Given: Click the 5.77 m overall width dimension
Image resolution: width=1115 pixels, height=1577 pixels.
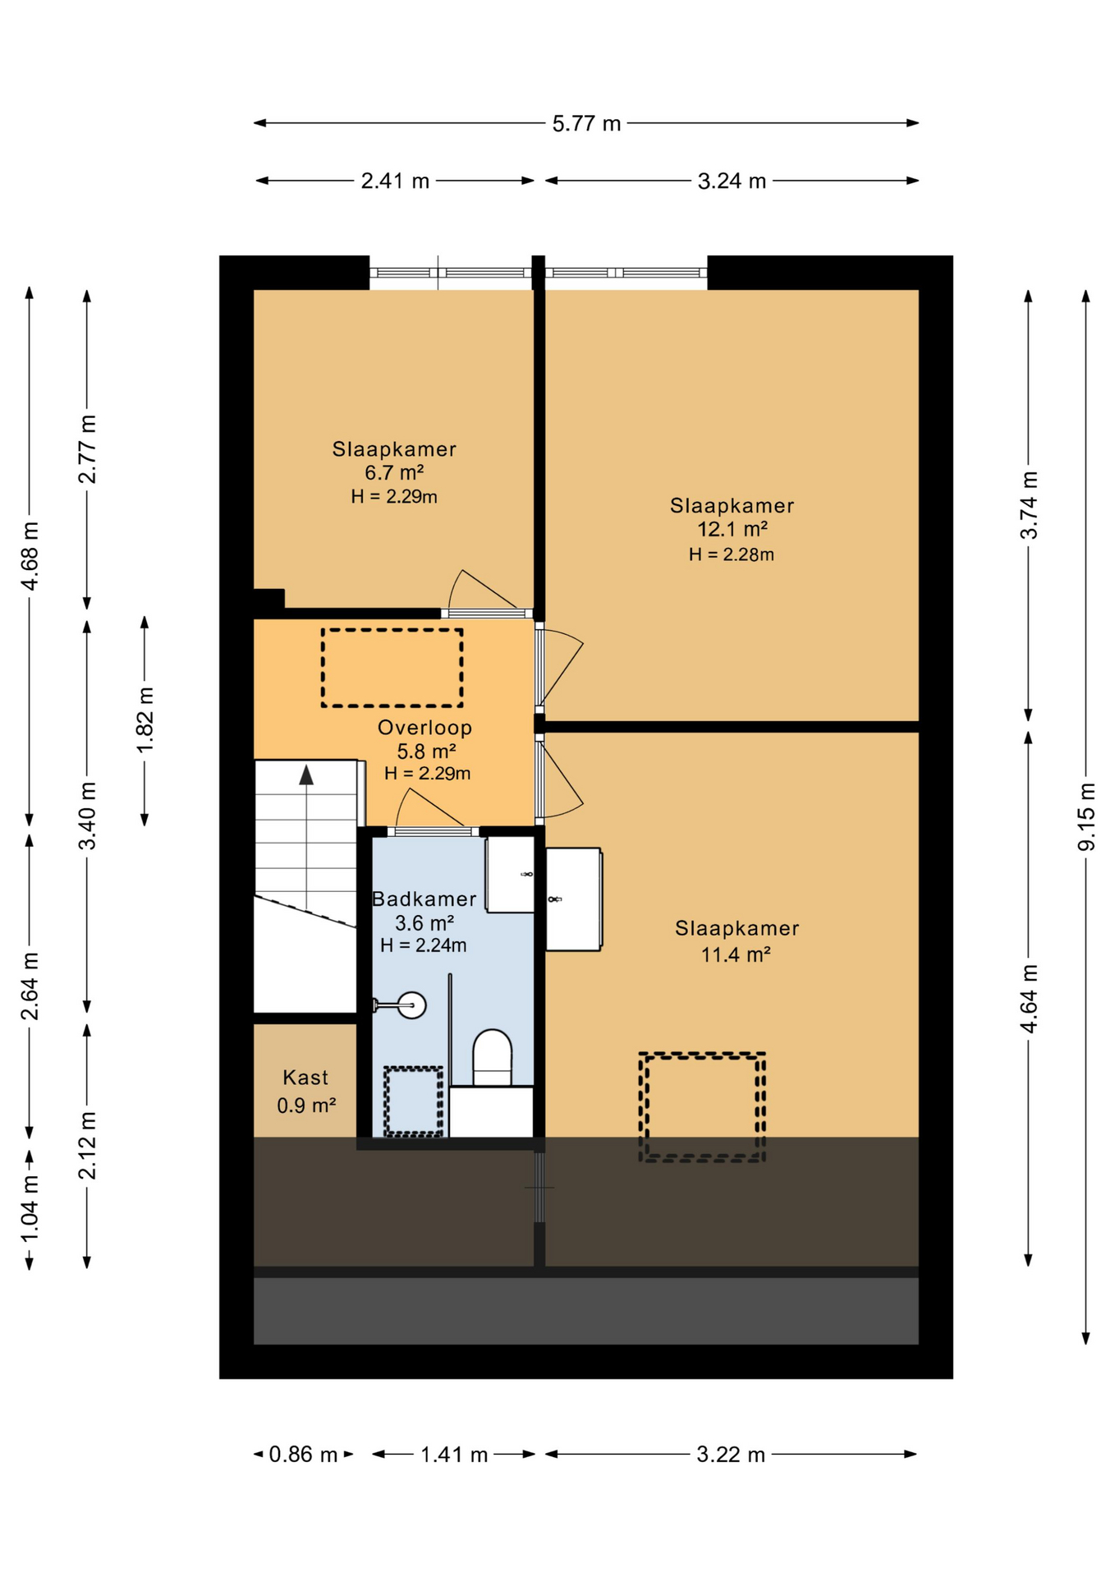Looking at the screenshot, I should pyautogui.click(x=585, y=124).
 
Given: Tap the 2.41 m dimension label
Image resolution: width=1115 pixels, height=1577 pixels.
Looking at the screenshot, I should pyautogui.click(x=395, y=182).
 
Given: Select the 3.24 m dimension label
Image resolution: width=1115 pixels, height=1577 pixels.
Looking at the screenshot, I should pyautogui.click(x=731, y=182).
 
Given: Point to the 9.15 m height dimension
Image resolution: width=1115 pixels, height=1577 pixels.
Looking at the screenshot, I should pyautogui.click(x=1085, y=816).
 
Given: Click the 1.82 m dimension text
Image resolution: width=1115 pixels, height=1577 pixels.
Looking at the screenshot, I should pyautogui.click(x=145, y=720).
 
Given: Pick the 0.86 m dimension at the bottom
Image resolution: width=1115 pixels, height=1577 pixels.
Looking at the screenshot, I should pyautogui.click(x=303, y=1455).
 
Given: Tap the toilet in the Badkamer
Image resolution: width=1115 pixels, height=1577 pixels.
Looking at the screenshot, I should pyautogui.click(x=492, y=1059).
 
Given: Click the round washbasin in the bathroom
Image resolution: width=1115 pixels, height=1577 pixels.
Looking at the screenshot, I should pyautogui.click(x=411, y=1005).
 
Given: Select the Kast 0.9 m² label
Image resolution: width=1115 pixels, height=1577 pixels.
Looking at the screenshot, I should pyautogui.click(x=305, y=1091).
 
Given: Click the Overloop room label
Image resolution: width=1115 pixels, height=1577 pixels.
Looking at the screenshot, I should pyautogui.click(x=424, y=728).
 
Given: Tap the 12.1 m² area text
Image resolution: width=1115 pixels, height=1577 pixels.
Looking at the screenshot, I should pyautogui.click(x=732, y=530).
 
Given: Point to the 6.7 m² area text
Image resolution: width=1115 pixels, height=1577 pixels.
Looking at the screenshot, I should pyautogui.click(x=394, y=473).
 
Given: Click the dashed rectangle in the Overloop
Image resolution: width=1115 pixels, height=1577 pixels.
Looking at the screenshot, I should pyautogui.click(x=392, y=668).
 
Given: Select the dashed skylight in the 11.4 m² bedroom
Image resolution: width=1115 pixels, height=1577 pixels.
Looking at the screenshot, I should pyautogui.click(x=702, y=1106).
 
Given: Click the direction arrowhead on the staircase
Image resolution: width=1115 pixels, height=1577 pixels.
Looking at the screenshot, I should pyautogui.click(x=306, y=775).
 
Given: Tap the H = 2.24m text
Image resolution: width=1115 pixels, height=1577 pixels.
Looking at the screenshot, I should pyautogui.click(x=423, y=945).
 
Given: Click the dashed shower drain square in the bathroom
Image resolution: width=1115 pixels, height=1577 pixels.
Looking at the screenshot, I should pyautogui.click(x=413, y=1101).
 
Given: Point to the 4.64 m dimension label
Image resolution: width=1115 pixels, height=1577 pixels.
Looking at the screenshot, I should pyautogui.click(x=1028, y=998).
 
